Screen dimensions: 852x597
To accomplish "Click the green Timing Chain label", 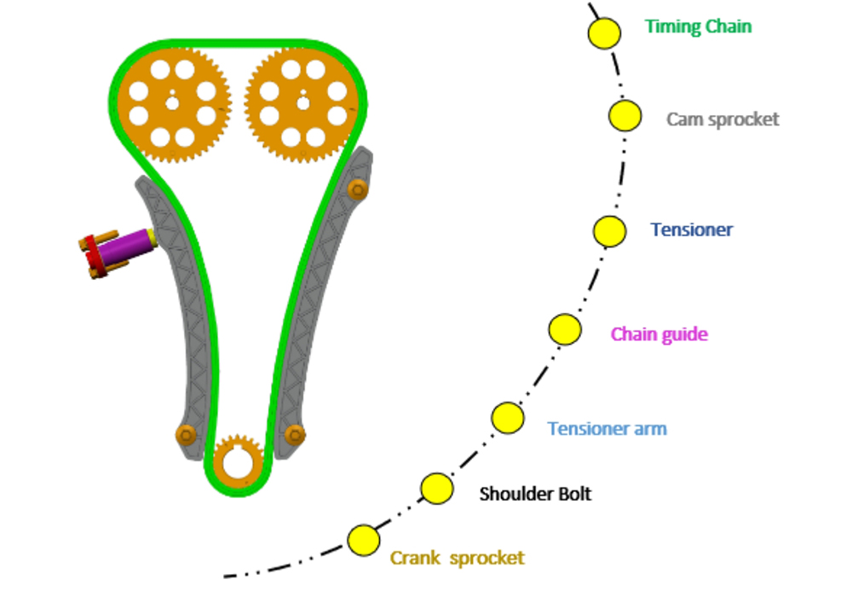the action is coord(699,26).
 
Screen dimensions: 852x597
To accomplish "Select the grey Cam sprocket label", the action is coord(722,119).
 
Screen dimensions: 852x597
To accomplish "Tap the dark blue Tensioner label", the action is coord(692,229).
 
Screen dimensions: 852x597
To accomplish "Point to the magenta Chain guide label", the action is coord(659,333).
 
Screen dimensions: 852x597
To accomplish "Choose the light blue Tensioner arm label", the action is coord(607,428).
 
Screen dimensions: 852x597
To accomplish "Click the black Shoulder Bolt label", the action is coord(535,494).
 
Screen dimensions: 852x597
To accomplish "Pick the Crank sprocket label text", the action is coord(458,558).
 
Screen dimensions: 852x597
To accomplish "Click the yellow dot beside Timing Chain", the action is coord(604,32).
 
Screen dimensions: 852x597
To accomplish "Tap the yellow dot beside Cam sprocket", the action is coord(625,115).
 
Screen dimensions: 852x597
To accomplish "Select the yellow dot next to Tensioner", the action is coord(610,231).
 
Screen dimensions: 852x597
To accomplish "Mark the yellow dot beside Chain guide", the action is coord(565,329).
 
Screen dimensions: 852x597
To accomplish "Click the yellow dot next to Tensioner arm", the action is coord(508,418).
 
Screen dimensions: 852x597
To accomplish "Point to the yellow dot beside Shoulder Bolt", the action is coord(437,489).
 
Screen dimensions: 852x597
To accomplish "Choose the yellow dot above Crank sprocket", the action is coord(364,541).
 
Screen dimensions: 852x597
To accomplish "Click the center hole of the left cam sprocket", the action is coord(172,103).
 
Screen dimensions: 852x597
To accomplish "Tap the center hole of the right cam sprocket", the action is coord(303,103).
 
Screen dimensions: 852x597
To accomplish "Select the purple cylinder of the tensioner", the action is coord(125,248).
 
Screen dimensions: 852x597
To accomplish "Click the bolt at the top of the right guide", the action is coord(358,189).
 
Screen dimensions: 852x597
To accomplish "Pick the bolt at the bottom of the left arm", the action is coord(186,435).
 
